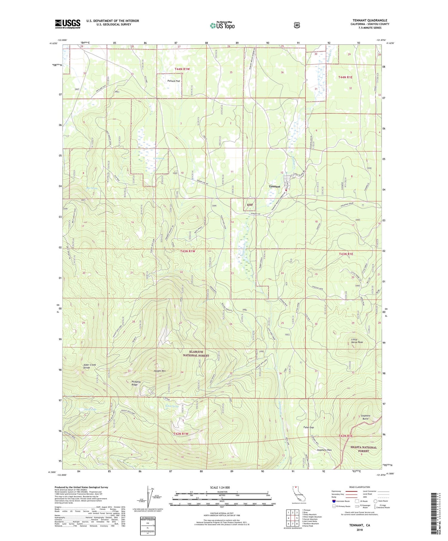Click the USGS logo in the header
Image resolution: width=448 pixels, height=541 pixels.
pos(67,24)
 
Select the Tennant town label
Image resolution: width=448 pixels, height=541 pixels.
pos(274,187)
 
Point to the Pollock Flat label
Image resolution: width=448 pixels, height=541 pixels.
pos(174,81)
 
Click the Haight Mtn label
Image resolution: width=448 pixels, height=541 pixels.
pos(159,371)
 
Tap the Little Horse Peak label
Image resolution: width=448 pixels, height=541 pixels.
pos(357,340)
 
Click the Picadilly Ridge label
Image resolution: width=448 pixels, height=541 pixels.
pos(136,383)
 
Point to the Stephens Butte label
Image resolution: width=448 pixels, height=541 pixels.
pos(365,417)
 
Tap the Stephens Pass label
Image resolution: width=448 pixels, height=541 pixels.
pos(324,450)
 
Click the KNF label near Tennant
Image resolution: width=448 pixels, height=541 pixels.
pos(250,205)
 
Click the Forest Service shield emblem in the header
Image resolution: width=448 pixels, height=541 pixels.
pos(297,25)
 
